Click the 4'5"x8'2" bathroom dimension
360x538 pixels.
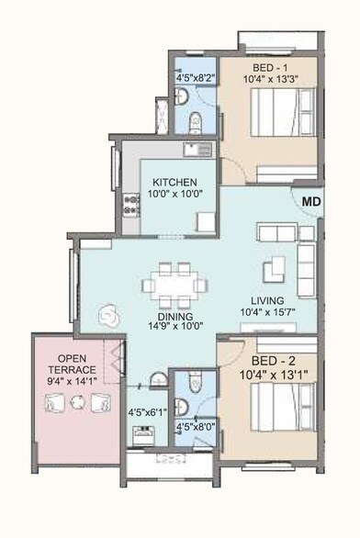coord(194,78)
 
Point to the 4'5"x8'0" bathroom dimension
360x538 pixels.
coord(194,426)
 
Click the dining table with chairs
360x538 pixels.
coord(168,286)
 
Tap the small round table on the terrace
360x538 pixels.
coord(78,401)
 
